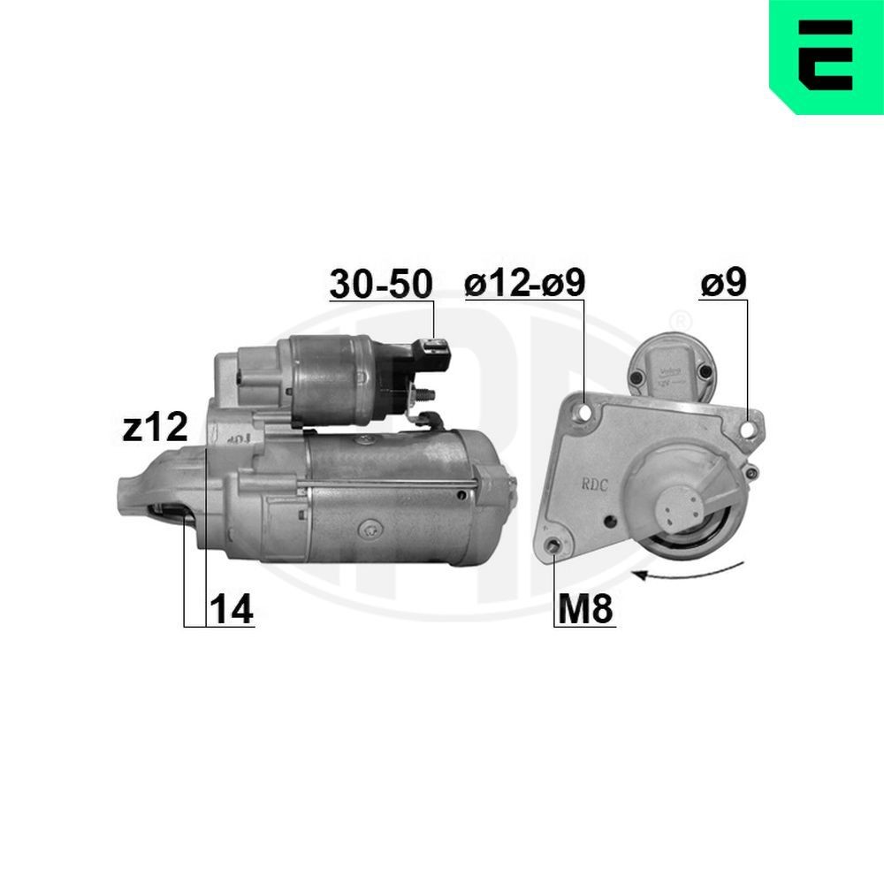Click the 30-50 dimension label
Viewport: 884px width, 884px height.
point(381,285)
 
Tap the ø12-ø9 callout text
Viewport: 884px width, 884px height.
point(525,285)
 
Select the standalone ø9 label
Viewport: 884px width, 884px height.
point(723,284)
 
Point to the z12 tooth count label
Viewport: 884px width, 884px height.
point(155,428)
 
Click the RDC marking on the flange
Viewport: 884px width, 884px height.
point(596,484)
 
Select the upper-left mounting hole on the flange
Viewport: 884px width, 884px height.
point(583,413)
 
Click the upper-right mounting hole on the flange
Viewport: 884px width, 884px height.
point(749,431)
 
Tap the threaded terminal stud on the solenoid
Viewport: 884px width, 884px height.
point(427,394)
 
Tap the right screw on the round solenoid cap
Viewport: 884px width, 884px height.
point(703,374)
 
